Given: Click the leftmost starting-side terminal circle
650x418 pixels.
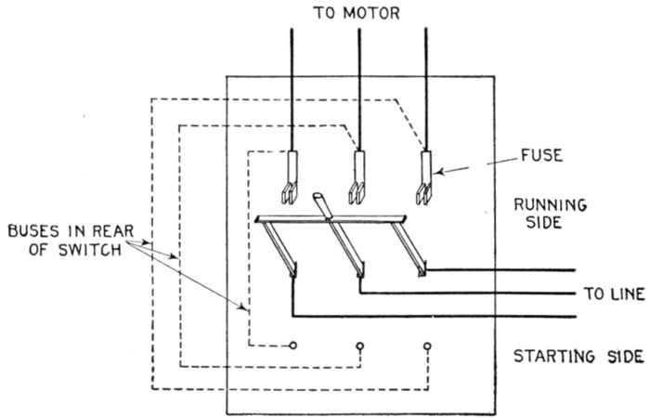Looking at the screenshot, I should (x=293, y=346).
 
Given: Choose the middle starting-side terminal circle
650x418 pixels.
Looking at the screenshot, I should (x=360, y=346).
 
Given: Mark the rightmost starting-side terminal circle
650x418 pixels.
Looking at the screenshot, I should (x=427, y=346).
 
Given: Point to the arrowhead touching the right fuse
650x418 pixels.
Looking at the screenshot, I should (x=441, y=171).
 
